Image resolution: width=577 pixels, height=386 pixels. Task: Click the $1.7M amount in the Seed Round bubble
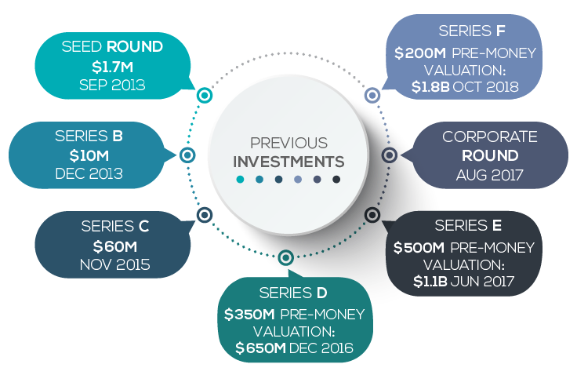(x=112, y=67)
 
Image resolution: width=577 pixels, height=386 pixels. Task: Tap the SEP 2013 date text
(x=112, y=85)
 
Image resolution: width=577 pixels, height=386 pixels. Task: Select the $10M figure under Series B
(x=89, y=156)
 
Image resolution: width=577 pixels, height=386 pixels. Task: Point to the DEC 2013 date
(x=89, y=173)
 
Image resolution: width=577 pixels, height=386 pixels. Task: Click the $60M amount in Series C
(x=114, y=246)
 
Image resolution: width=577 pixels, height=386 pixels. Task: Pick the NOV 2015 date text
(x=114, y=264)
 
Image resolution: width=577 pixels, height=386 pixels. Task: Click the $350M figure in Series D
(x=249, y=315)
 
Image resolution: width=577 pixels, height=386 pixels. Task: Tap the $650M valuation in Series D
(x=260, y=348)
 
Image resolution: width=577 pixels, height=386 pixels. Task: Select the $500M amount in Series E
(x=419, y=247)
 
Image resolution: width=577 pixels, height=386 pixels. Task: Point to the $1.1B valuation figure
(x=430, y=282)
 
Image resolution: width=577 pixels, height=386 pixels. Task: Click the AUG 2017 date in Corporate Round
(x=489, y=175)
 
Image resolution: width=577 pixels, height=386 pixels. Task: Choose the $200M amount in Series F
(x=420, y=53)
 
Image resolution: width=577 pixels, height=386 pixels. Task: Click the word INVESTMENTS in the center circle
(x=288, y=162)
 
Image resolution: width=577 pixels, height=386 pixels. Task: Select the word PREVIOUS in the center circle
(x=288, y=143)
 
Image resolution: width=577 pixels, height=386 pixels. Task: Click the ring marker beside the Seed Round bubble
(x=205, y=96)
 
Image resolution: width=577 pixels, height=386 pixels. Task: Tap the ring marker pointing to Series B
(x=187, y=155)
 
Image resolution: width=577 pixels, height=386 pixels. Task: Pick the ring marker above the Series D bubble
(x=286, y=257)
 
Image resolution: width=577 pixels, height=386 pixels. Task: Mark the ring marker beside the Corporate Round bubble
(x=390, y=155)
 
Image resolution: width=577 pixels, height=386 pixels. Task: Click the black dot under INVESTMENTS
(x=336, y=180)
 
